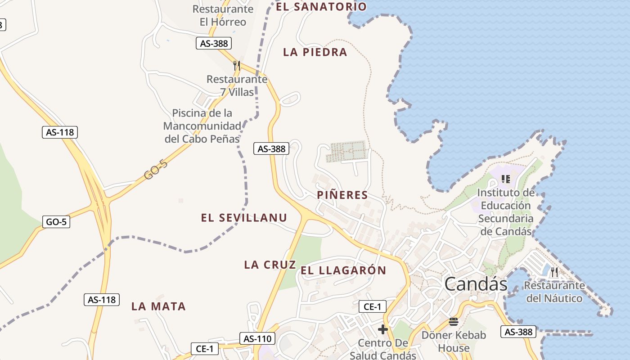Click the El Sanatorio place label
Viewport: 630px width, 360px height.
coord(321,7)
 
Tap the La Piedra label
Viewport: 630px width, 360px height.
coord(315,52)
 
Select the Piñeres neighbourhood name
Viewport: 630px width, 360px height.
coord(342,195)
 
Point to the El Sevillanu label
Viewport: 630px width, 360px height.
coord(244,218)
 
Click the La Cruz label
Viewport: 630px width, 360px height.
coord(270,265)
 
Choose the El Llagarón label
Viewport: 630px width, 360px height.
coord(343,270)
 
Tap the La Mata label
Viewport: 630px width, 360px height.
coord(158,306)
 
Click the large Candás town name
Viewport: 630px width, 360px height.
coord(476,284)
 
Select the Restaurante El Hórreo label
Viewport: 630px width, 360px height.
coord(223,15)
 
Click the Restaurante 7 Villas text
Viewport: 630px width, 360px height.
coord(237,85)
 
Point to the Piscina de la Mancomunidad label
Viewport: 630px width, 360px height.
coord(202,126)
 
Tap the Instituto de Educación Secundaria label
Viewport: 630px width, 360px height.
coord(506,212)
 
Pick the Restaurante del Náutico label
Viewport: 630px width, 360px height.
coord(554,292)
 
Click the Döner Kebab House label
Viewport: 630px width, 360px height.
coord(454,341)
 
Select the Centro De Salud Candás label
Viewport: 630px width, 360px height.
coord(383,349)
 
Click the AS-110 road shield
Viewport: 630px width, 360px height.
coord(257,338)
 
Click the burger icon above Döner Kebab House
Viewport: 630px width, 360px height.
coord(453,322)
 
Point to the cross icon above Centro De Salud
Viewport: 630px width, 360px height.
coord(383,330)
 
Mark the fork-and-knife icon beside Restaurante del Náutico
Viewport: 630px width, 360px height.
coord(554,272)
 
